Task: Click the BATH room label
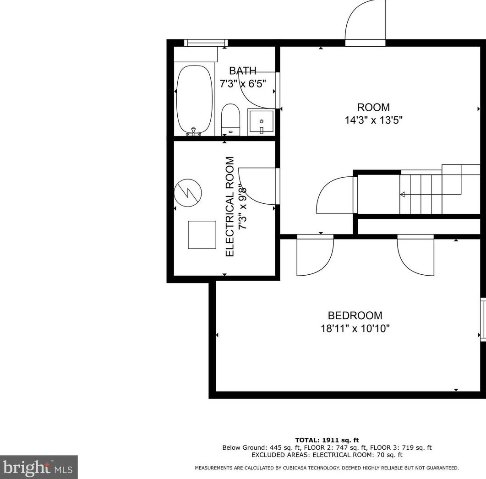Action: (242, 71)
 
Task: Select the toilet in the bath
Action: (230, 118)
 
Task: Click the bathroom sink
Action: (261, 122)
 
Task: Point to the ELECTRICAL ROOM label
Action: (230, 207)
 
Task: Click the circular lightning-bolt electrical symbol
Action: (187, 191)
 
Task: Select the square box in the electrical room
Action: (202, 234)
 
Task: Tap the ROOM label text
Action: (373, 108)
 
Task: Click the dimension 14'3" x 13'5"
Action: (373, 120)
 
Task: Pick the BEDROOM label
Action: (355, 316)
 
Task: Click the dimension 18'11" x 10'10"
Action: (355, 328)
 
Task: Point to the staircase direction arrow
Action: (403, 195)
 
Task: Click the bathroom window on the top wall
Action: (206, 43)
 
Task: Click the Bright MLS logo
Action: (38, 467)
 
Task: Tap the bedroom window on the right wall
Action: (483, 319)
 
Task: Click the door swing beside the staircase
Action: (334, 195)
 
